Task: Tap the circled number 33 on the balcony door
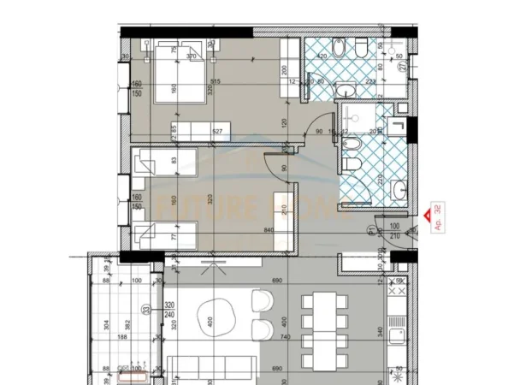tap(146, 310)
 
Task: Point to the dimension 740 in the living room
tap(286, 338)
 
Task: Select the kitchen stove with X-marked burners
tap(399, 374)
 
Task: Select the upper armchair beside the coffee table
tap(261, 300)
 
